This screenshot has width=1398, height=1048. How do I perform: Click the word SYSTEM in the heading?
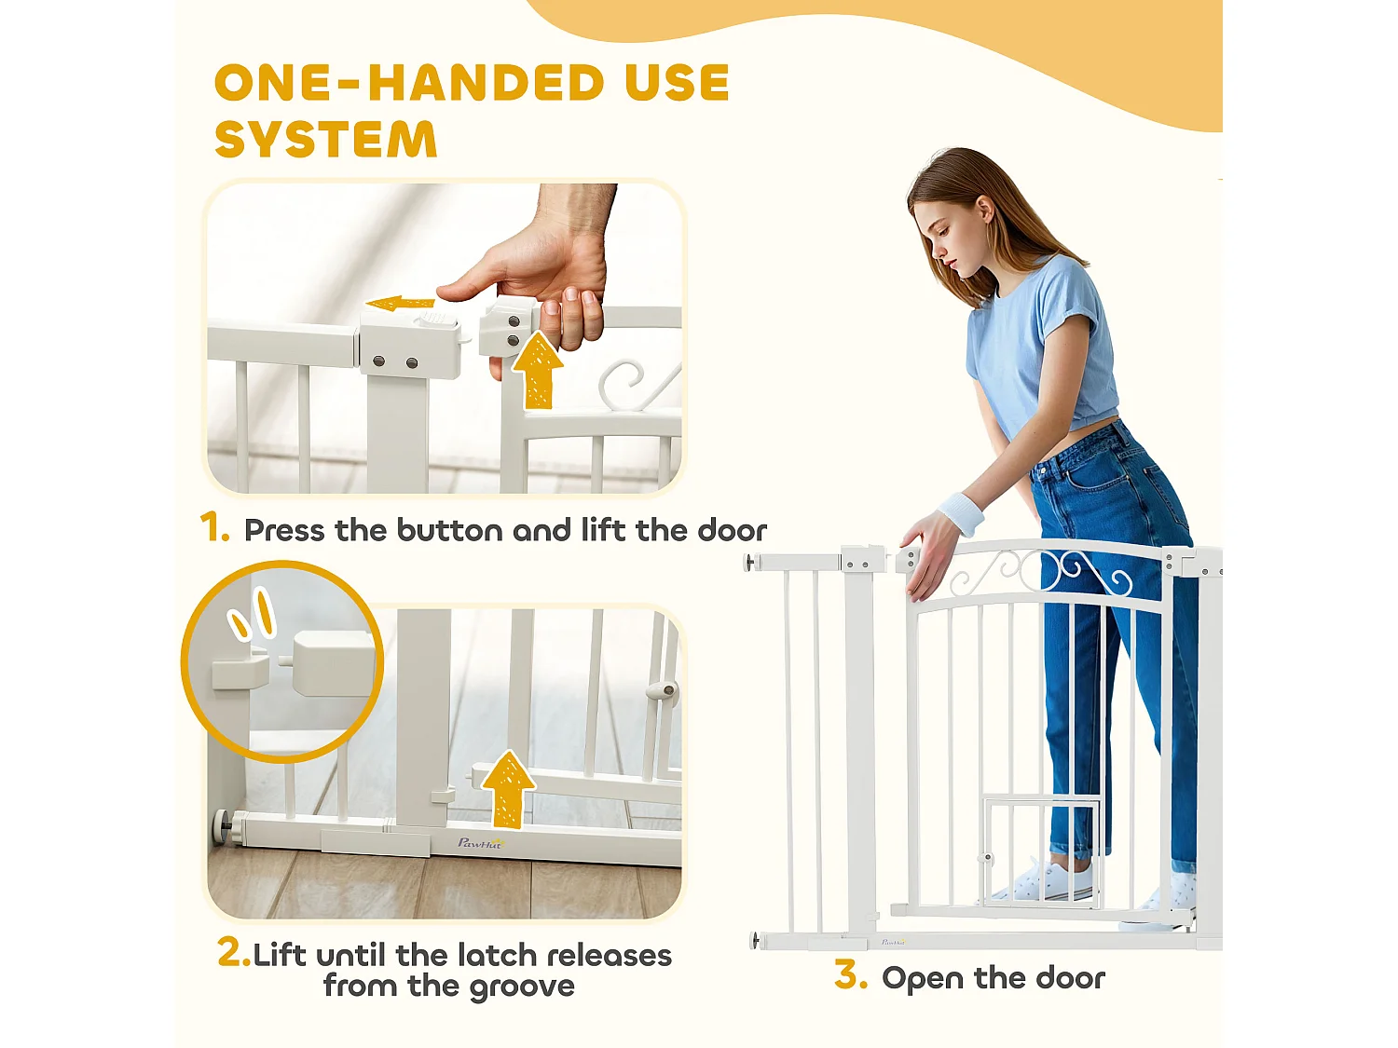pyautogui.click(x=326, y=139)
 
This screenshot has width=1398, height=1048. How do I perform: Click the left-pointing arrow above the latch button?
pyautogui.click(x=401, y=304)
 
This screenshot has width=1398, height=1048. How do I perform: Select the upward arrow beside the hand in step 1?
pyautogui.click(x=538, y=371)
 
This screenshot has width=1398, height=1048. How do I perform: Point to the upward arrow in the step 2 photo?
pyautogui.click(x=508, y=789)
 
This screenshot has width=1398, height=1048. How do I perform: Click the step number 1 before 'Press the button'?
pyautogui.click(x=214, y=527)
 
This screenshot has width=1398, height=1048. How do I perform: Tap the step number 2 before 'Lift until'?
pyautogui.click(x=233, y=952)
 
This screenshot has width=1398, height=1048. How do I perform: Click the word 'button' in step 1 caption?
pyautogui.click(x=450, y=530)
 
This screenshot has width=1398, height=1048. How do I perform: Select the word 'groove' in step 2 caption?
pyautogui.click(x=522, y=987)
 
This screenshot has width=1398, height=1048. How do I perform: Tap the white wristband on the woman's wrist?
pyautogui.click(x=961, y=513)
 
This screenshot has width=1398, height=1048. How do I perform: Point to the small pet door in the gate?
pyautogui.click(x=1040, y=853)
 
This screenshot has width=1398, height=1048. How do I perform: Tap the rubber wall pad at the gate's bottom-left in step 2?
pyautogui.click(x=221, y=826)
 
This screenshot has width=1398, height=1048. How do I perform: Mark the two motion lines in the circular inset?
pyautogui.click(x=253, y=612)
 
